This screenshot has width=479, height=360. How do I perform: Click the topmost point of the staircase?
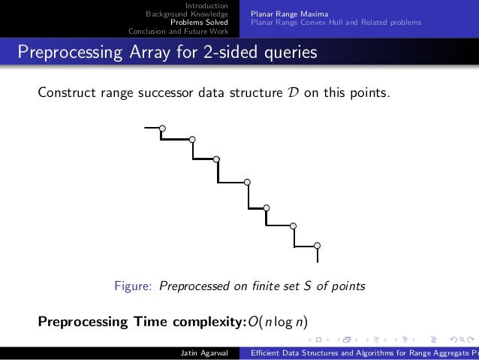pos(162,129)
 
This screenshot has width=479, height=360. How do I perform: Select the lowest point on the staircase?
pos(318,246)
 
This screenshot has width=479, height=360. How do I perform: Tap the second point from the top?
pos(192,139)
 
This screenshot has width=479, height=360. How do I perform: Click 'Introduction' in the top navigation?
pos(206,6)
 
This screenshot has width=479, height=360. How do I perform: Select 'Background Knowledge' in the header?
pos(186,14)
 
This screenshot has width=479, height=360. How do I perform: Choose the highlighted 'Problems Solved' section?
pos(199,23)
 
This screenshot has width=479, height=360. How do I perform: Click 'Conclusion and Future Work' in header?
pos(178,31)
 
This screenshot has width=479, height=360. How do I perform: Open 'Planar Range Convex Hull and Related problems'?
pos(336,23)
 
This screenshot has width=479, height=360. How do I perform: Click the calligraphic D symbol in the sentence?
pos(291,93)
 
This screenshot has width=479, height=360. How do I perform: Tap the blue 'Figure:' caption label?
pos(133,286)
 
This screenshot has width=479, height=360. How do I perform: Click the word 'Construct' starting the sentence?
pos(65,93)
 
